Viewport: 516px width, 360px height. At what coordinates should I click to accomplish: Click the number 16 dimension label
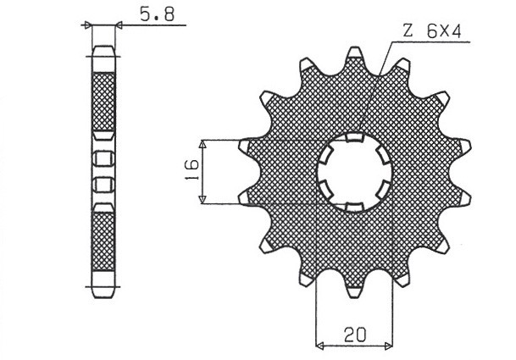click(x=192, y=171)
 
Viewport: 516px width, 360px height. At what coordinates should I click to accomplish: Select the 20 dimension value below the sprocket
click(x=355, y=335)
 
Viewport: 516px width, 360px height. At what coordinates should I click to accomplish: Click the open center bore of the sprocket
click(x=354, y=172)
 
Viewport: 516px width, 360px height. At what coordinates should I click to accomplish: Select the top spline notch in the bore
click(x=355, y=137)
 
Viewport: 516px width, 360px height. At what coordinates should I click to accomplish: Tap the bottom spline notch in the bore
click(x=355, y=207)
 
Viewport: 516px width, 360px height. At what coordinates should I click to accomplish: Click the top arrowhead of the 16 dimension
click(x=203, y=143)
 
